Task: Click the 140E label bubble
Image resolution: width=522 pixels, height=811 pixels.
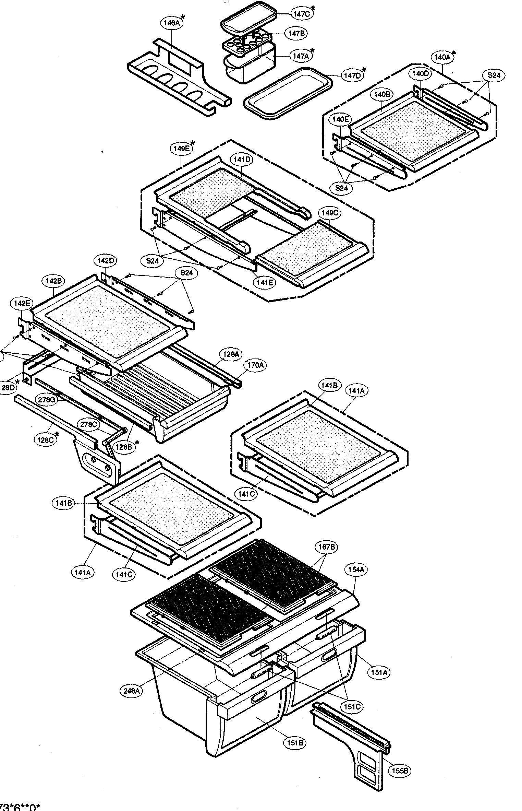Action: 340,119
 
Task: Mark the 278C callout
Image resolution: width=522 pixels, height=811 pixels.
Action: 88,424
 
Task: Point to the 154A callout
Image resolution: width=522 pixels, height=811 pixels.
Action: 356,570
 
